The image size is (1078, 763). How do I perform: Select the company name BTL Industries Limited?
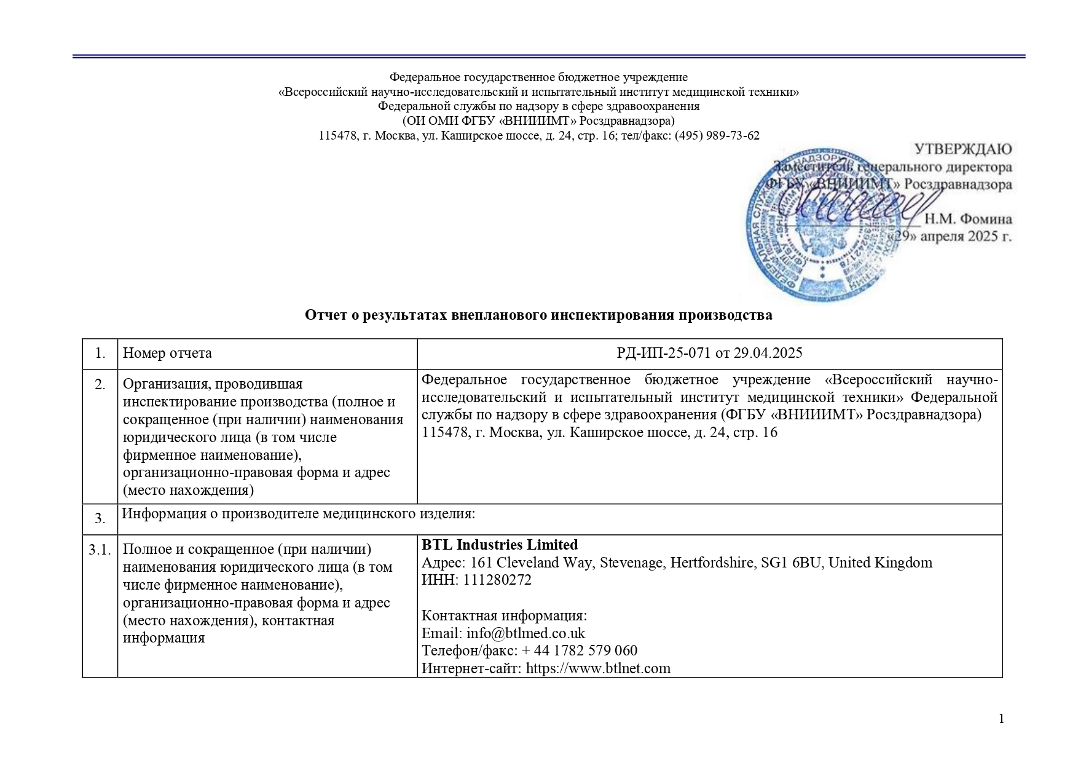[500, 545]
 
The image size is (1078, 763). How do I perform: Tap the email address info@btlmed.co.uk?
[525, 633]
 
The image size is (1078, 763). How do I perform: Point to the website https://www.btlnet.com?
[598, 668]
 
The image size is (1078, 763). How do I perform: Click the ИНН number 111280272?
[497, 580]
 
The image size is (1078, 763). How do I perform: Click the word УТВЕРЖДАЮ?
[963, 149]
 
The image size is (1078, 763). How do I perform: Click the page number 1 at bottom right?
[1002, 719]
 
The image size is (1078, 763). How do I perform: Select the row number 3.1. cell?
[100, 550]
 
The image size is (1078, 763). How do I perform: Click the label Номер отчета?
[167, 354]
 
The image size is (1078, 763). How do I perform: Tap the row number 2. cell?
[100, 385]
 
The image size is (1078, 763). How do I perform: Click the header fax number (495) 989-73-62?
[717, 136]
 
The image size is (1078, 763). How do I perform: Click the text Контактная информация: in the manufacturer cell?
[504, 616]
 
